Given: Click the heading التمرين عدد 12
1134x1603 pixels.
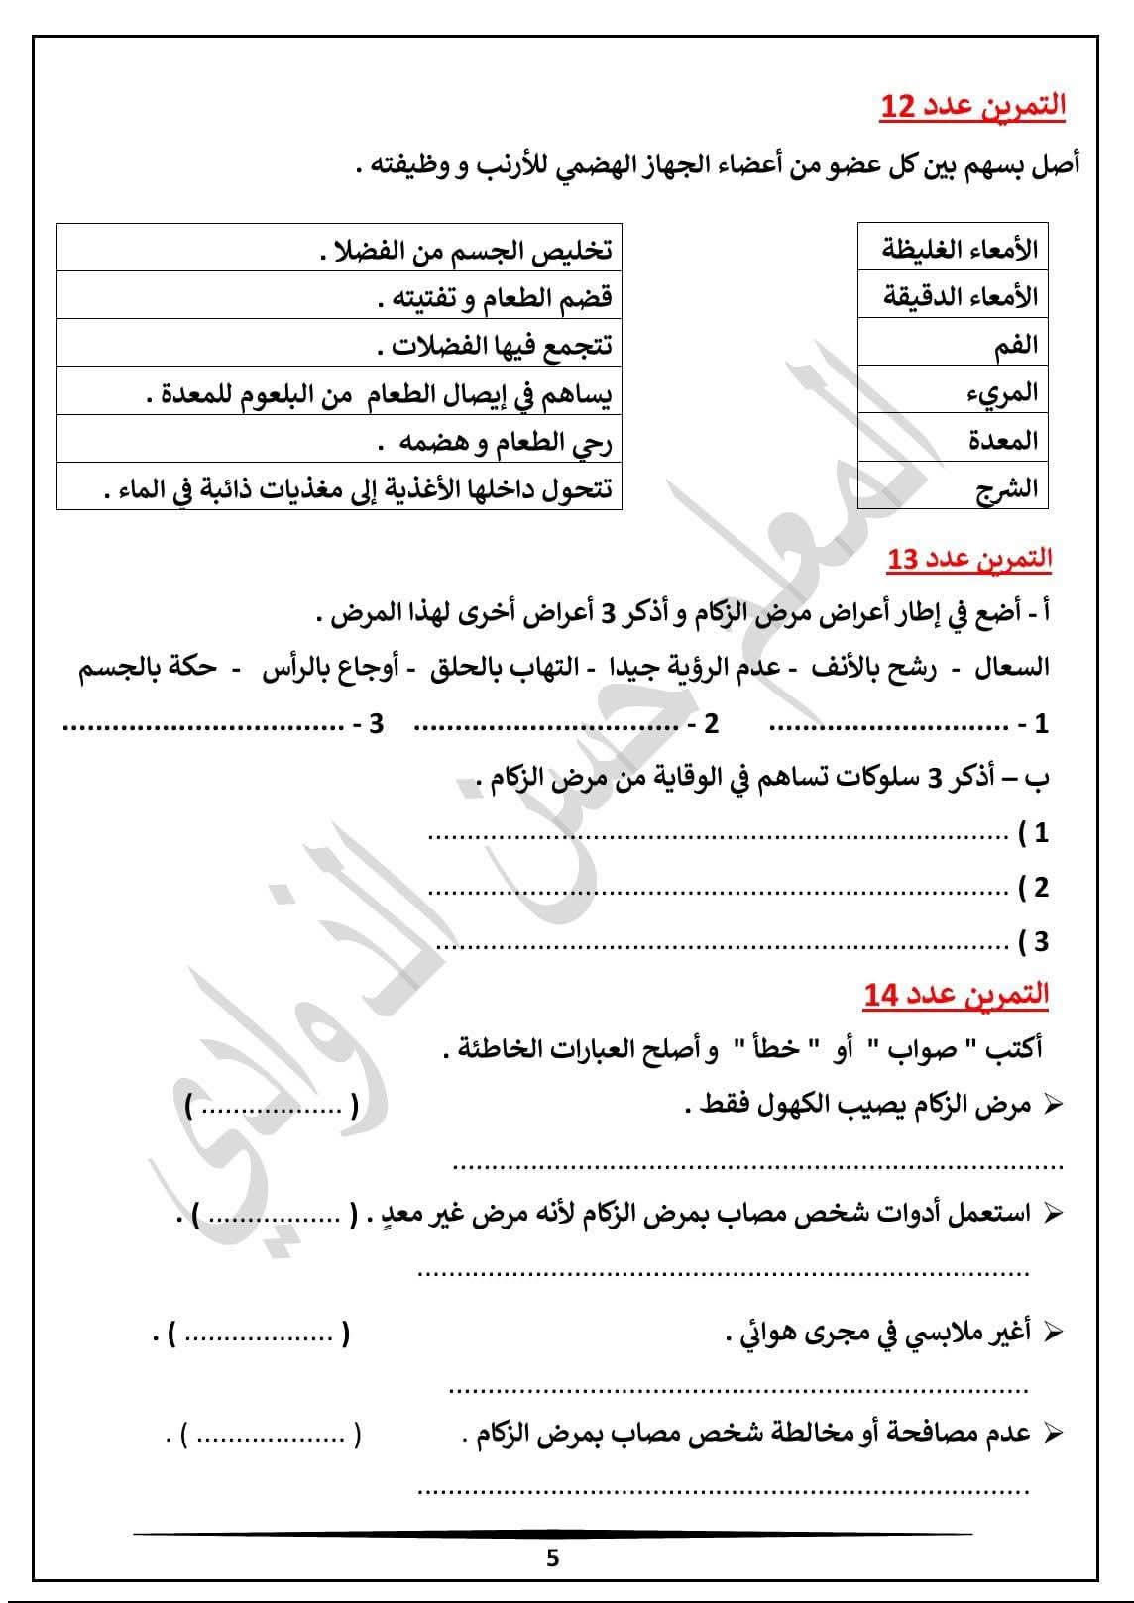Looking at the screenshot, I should coord(972,106).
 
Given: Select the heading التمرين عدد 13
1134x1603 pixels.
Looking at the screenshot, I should coord(968,560).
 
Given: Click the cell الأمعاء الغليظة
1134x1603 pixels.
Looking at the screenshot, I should coord(953,248).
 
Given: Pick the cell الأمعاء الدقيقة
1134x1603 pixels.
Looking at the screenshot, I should coord(953,295).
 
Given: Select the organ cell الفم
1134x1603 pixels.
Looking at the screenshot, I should coord(953,344).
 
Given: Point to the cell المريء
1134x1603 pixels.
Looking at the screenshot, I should coord(953,391).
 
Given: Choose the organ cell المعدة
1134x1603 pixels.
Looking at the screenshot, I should coord(953,439).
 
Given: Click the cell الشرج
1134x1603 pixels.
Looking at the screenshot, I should coord(953,487).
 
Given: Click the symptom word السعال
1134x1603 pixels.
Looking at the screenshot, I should coord(1011,668).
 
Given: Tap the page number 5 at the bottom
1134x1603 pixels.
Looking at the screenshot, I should coord(552,1558).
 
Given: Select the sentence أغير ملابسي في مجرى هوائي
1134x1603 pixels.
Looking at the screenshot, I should coord(878,1334).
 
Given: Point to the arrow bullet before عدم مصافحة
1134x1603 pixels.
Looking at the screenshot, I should coord(1054,1433).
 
